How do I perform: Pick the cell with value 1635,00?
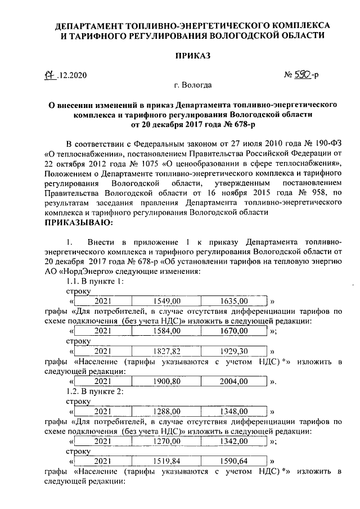(x=235, y=302)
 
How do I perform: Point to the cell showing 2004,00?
(x=235, y=382)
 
